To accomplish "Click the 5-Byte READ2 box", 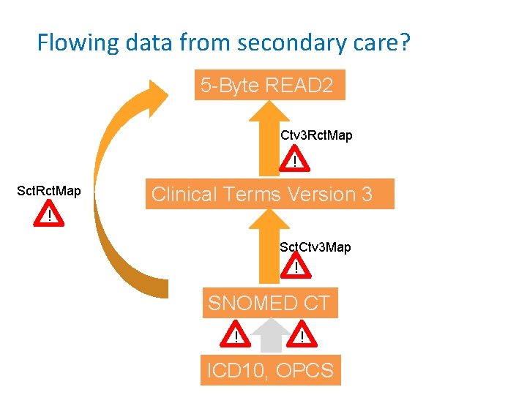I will point(269,86).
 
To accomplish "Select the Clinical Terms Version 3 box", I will point(269,194).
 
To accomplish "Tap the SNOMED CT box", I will point(269,302).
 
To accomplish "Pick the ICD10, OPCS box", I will point(270,370).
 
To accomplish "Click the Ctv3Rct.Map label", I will point(316,136).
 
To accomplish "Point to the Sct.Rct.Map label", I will point(49,192).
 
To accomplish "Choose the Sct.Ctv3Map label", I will point(315,247).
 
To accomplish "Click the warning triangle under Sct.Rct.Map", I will point(49,215).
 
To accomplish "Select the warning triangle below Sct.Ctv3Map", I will point(296,268).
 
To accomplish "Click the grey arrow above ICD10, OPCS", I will point(269,338).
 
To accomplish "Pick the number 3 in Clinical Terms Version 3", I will point(367,194).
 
